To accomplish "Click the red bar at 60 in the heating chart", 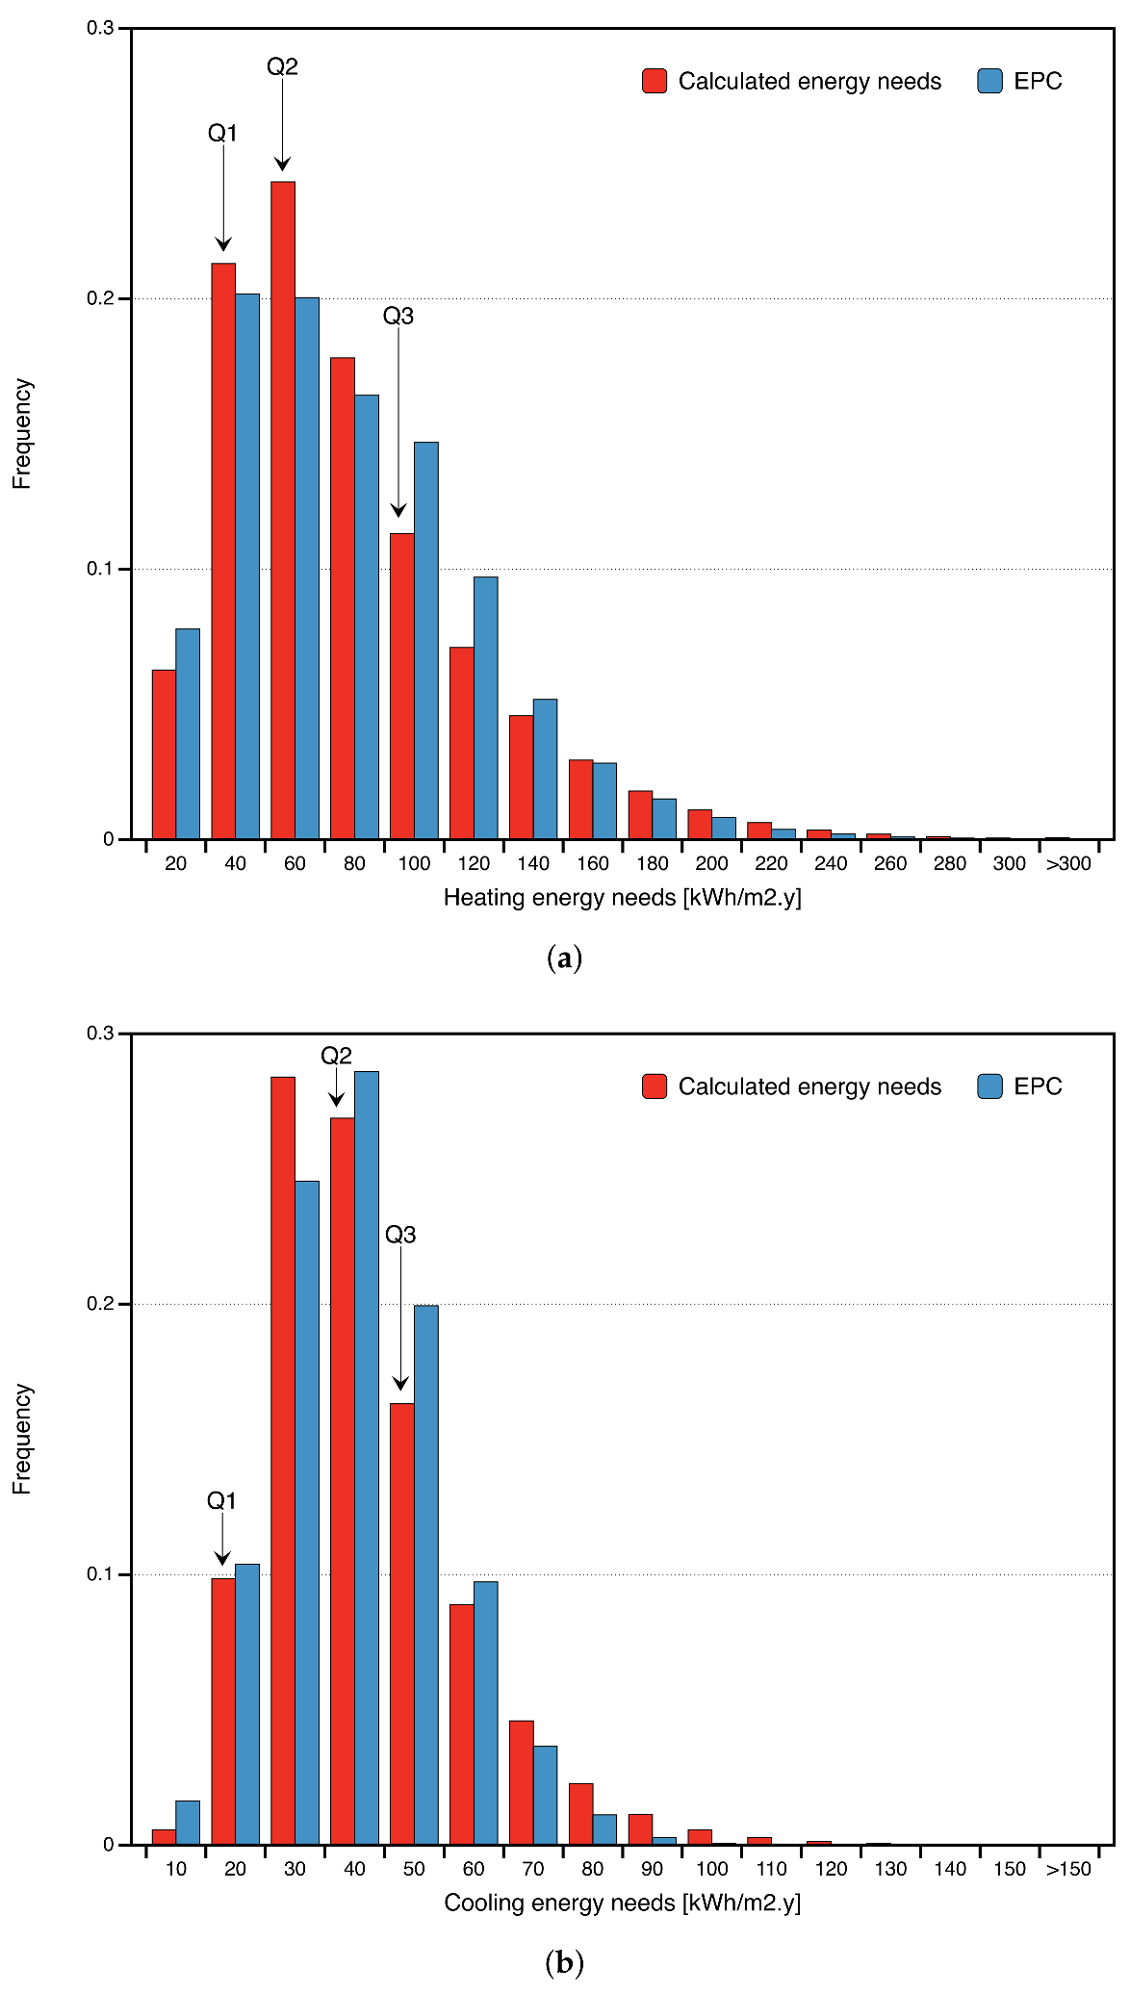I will (283, 510).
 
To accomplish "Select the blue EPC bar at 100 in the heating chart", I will (426, 640).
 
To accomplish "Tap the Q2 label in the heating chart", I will (282, 66).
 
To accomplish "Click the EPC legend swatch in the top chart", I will (989, 81).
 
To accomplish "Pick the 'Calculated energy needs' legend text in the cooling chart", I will (809, 1086).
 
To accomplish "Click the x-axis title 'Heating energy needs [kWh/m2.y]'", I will (622, 898).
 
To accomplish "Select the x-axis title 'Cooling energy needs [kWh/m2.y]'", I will (622, 1903).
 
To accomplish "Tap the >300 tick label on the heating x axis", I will (1068, 864).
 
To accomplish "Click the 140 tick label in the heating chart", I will (533, 864).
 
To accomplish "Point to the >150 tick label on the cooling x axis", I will (1068, 1869).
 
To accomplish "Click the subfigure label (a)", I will (564, 958).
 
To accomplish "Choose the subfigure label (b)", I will (564, 1962).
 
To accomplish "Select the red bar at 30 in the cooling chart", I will (283, 1460).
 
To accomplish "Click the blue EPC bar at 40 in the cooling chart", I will (367, 1457).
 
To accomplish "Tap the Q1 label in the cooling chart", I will (221, 1500).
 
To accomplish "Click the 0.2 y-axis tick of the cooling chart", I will (101, 1304).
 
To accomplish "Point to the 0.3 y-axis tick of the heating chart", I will (101, 29).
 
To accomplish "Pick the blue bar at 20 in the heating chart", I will (188, 733).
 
